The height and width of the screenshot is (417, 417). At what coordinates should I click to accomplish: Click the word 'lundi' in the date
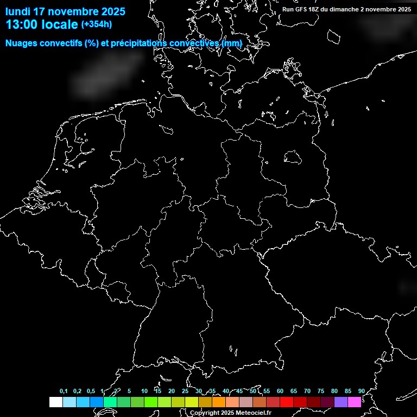(x=18, y=11)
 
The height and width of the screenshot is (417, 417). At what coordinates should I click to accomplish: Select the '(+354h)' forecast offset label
(x=97, y=24)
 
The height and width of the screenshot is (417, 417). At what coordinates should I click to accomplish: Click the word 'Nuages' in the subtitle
(x=22, y=43)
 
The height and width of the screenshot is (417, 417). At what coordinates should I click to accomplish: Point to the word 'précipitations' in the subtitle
(x=138, y=43)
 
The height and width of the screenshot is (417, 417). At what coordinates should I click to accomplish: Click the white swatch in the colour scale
(x=55, y=402)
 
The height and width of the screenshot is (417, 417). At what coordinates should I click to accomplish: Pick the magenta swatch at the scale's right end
(x=354, y=402)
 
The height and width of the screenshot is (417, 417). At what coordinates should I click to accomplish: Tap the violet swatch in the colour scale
(x=340, y=402)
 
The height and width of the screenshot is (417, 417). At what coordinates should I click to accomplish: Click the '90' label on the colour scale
(x=361, y=391)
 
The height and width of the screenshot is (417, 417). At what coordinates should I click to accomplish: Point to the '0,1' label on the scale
(x=64, y=391)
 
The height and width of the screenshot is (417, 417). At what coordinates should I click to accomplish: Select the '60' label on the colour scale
(x=280, y=391)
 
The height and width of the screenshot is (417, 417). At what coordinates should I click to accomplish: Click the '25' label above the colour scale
(x=185, y=391)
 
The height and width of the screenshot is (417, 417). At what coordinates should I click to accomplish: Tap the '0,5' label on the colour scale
(x=91, y=391)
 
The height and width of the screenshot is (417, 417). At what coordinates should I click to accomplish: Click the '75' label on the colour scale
(x=320, y=391)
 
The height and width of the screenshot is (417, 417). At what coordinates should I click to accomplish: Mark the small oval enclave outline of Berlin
(x=293, y=157)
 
